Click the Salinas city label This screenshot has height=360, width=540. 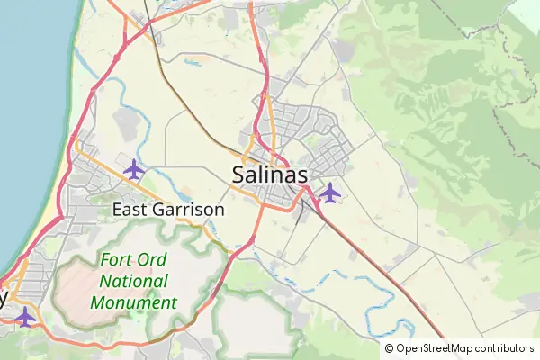coord(270,175)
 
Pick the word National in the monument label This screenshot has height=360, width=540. coord(133,281)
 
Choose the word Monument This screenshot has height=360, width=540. coord(133,302)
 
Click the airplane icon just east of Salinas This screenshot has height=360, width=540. coord(330,192)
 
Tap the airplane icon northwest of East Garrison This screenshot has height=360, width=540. coord(134,168)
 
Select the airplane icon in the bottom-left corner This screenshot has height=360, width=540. coord(25,316)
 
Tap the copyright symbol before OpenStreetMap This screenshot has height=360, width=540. coord(390,348)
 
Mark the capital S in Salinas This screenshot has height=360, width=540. coord(238,175)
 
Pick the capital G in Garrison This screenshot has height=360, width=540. coord(165,210)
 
